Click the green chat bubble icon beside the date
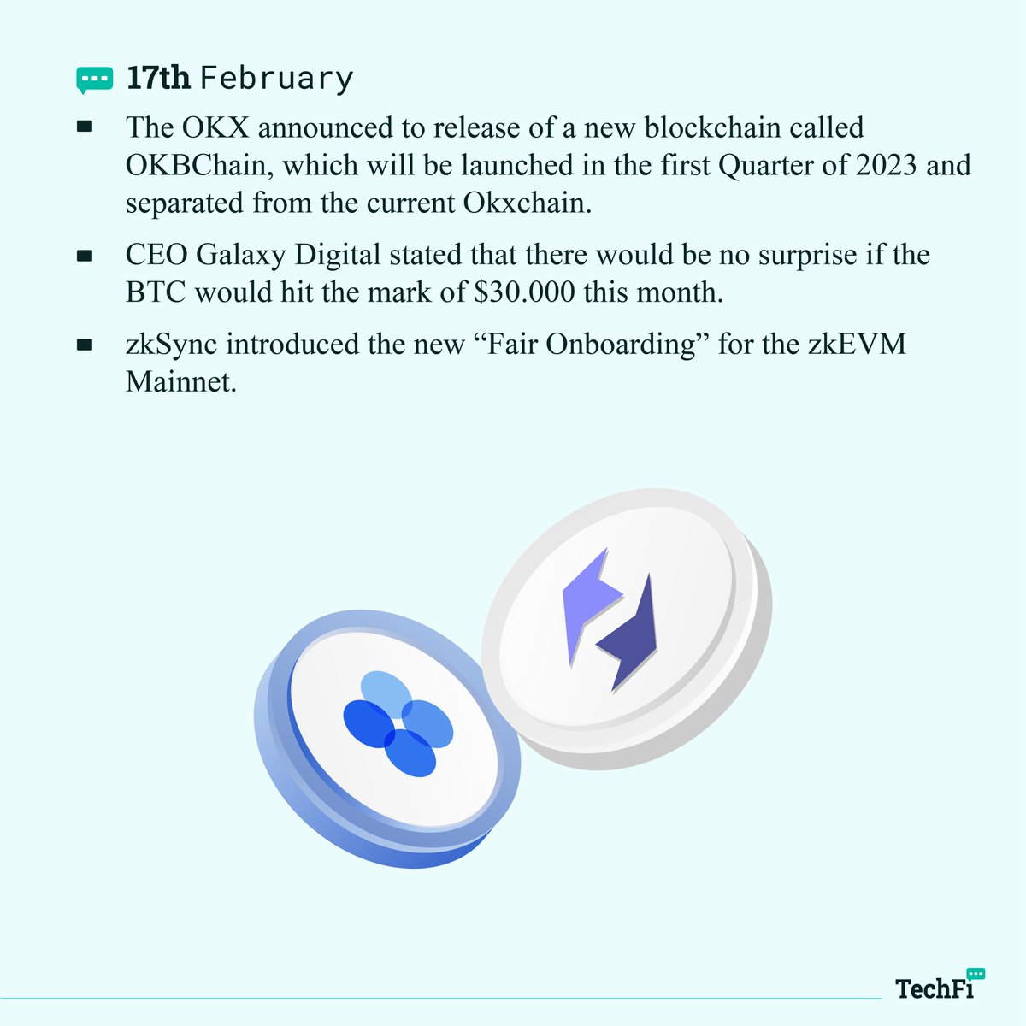(x=93, y=79)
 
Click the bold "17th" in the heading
(x=158, y=78)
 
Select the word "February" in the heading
(x=276, y=79)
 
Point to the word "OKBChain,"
(x=199, y=164)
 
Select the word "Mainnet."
(x=180, y=381)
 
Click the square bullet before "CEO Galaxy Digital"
(x=85, y=256)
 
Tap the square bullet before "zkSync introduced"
(x=85, y=345)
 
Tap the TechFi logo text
(x=934, y=988)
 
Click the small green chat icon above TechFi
(x=976, y=974)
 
